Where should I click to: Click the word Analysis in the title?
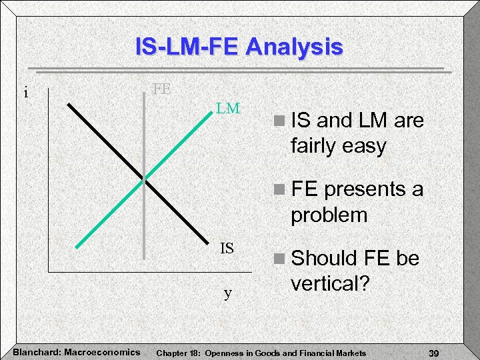tap(294, 47)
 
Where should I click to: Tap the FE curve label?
tap(161, 89)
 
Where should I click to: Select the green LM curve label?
tap(228, 108)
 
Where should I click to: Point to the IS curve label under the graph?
tap(227, 249)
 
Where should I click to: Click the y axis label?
tap(228, 293)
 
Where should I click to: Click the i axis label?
tap(26, 93)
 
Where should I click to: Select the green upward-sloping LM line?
tap(180, 147)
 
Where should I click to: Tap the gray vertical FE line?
tap(143, 220)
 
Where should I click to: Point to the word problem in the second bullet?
tap(329, 215)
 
